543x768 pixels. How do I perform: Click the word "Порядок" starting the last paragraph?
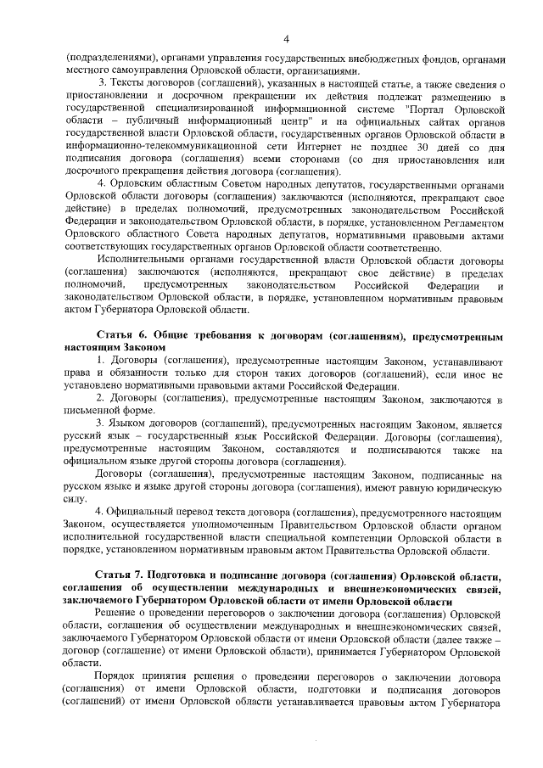115,676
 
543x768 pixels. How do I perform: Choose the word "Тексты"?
126,85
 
